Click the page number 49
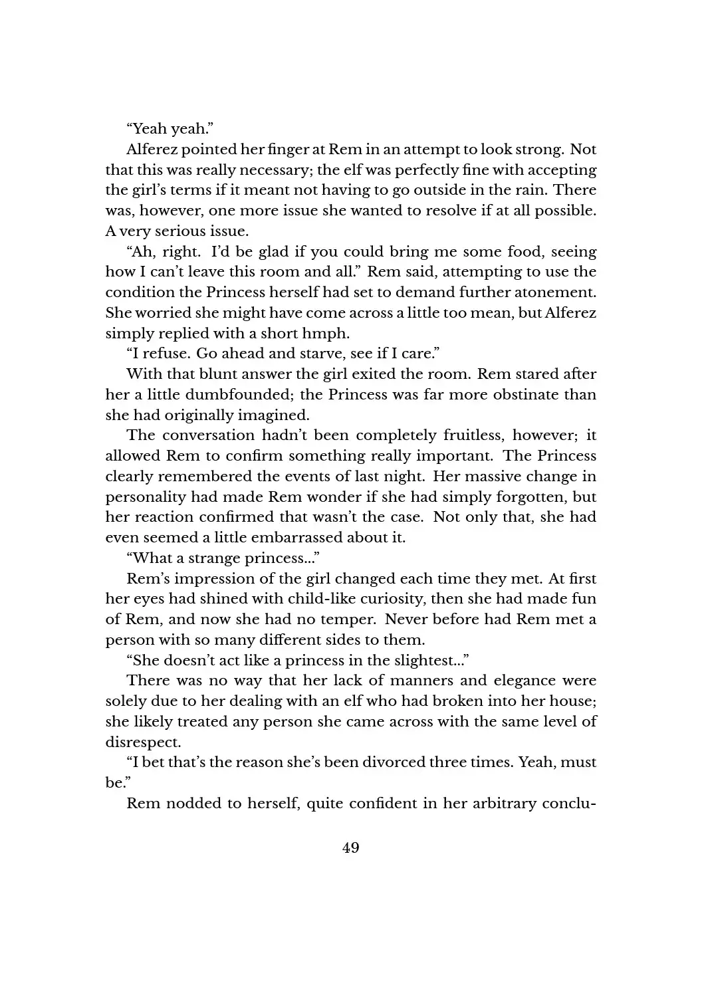[x=350, y=848]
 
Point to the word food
[x=511, y=252]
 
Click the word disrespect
[x=142, y=742]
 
